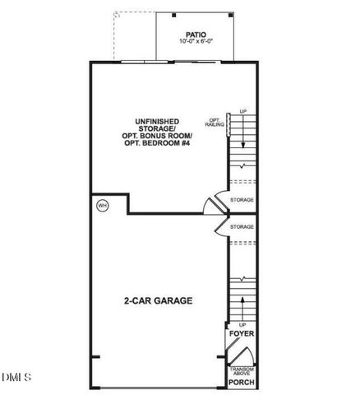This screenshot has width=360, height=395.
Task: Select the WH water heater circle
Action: coord(102,204)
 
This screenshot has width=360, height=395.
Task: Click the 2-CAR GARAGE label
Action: coord(159,300)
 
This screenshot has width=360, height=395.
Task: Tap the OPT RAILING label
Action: coord(215,123)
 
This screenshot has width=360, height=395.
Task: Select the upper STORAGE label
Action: coord(242,200)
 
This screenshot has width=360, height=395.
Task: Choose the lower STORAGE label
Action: coord(242,226)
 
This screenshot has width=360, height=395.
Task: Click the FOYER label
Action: coord(242,336)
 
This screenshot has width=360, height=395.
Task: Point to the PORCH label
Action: coord(241,382)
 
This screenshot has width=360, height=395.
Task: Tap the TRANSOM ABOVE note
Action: coord(241,371)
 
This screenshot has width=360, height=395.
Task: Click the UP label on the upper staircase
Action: coord(242,111)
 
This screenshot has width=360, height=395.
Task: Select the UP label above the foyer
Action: coord(242,325)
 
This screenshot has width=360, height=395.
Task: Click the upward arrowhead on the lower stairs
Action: coord(242,300)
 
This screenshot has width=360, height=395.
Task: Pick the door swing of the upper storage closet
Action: coord(213,202)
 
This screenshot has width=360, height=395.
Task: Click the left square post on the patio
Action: coord(175,16)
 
